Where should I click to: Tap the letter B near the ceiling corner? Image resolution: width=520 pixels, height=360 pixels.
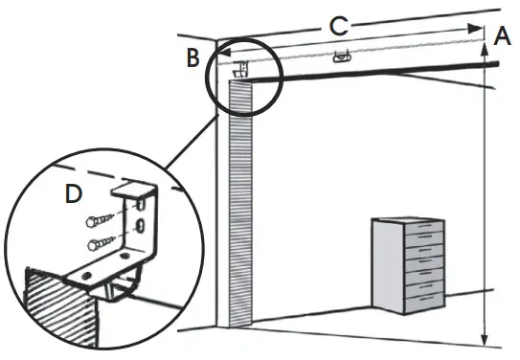192,57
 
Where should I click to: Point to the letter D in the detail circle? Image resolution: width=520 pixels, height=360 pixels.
72,194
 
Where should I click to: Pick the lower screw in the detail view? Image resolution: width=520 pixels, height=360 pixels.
98,244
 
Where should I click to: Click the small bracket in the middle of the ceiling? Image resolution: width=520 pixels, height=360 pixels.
338,59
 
